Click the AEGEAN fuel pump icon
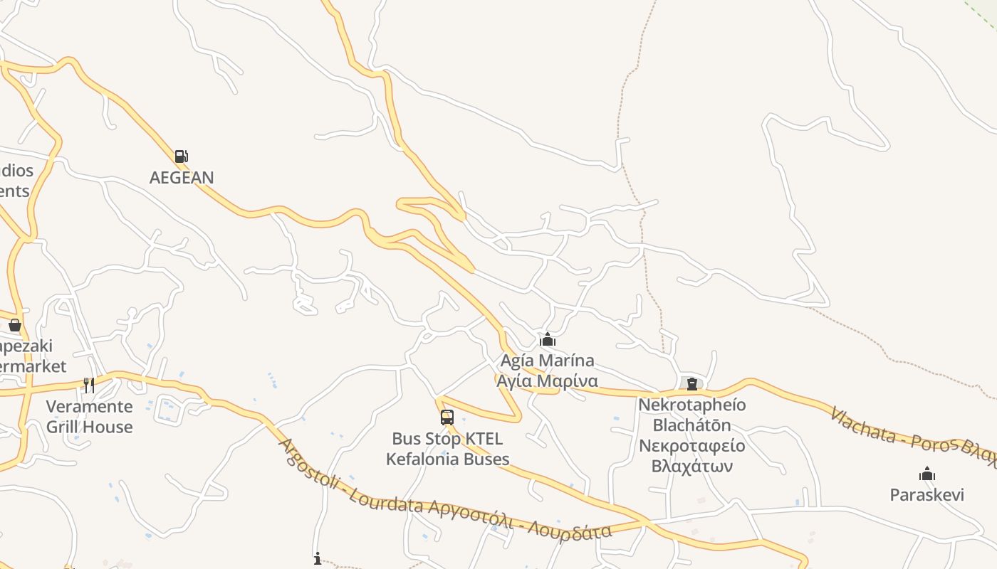pyautogui.click(x=182, y=156)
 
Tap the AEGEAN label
pyautogui.click(x=182, y=177)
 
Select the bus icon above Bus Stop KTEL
pyautogui.click(x=447, y=418)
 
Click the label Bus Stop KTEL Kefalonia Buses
pyautogui.click(x=447, y=449)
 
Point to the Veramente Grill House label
pyautogui.click(x=89, y=417)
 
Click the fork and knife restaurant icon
pyautogui.click(x=89, y=385)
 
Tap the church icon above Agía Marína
pyautogui.click(x=547, y=339)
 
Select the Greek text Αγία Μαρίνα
pyautogui.click(x=547, y=381)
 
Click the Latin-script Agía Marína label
pyautogui.click(x=547, y=361)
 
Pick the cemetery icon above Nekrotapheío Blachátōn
pyautogui.click(x=691, y=384)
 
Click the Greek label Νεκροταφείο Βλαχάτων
pyautogui.click(x=691, y=456)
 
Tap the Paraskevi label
pyautogui.click(x=926, y=494)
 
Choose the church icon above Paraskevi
pyautogui.click(x=926, y=474)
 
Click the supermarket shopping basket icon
pyautogui.click(x=15, y=325)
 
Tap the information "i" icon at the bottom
pyautogui.click(x=318, y=559)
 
